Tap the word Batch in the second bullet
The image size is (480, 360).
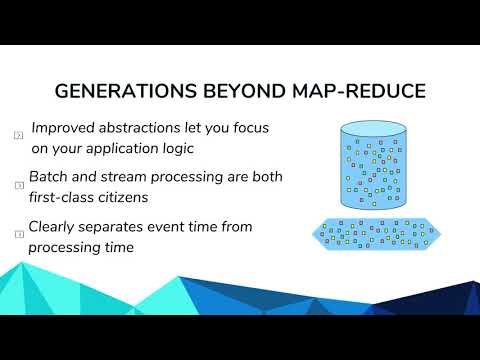(50, 177)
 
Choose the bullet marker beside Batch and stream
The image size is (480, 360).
(18, 185)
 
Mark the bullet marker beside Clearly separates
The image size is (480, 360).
(18, 234)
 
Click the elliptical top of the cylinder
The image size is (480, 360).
(376, 130)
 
